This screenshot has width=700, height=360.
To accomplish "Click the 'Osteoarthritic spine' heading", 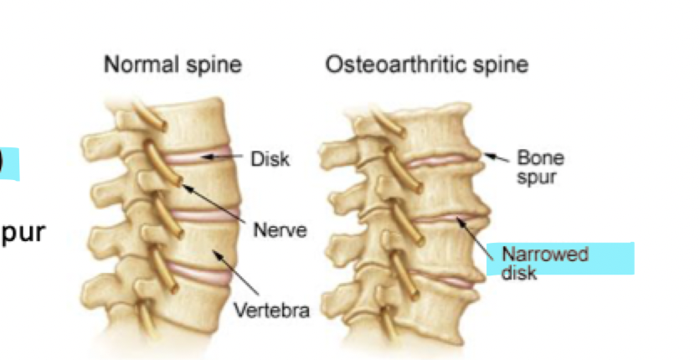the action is (x=427, y=65).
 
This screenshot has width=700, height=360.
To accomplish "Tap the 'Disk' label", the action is (x=269, y=158).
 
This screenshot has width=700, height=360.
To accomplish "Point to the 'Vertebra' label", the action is (x=270, y=311).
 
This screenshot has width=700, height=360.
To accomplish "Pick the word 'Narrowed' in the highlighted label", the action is (x=544, y=254).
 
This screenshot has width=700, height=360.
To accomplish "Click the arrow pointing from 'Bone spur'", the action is (x=496, y=157).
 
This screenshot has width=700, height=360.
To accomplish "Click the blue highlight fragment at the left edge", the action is (x=8, y=164).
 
